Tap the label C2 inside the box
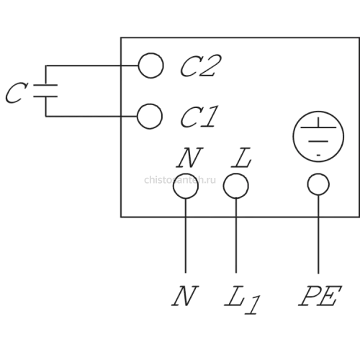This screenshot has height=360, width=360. (201, 66)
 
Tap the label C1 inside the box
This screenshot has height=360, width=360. (199, 117)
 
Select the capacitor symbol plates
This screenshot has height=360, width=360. (45, 91)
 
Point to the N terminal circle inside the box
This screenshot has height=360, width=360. (186, 174)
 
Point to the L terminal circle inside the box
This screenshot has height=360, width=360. (236, 174)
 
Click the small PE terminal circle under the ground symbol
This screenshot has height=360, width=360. (318, 174)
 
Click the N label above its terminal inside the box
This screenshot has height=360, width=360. (189, 158)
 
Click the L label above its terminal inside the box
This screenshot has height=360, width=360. (241, 158)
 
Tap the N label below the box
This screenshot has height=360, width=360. (185, 296)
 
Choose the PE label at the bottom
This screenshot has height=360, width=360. (320, 296)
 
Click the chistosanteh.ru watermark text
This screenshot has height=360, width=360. (180, 180)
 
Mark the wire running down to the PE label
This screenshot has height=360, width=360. (318, 234)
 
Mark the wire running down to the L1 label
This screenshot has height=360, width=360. (236, 235)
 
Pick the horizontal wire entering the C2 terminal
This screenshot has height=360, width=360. (92, 66)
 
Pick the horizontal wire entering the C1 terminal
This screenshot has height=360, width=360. (91, 117)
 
